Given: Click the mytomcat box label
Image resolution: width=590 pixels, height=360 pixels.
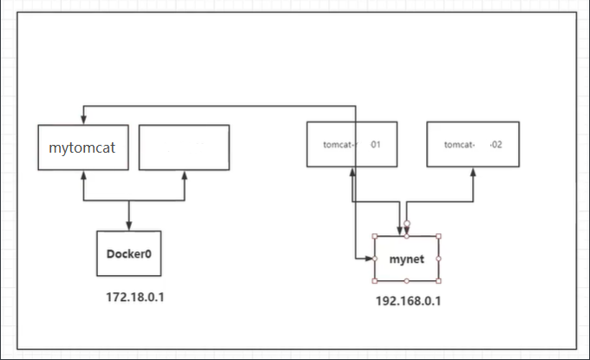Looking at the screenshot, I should click(x=83, y=147).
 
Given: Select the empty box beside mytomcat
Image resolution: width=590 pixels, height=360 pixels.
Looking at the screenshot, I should click(x=184, y=147).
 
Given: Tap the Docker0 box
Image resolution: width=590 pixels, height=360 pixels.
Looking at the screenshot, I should click(x=129, y=254).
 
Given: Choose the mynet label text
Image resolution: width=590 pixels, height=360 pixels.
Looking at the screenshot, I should click(x=406, y=259).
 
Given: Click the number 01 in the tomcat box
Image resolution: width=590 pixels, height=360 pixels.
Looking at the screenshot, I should click(x=376, y=145).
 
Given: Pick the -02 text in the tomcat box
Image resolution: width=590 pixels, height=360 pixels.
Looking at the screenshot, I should click(x=495, y=145).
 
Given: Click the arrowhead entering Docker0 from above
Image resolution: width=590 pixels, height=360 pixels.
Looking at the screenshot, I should click(x=129, y=226).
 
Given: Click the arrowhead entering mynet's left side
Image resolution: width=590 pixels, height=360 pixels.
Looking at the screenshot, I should click(x=370, y=259).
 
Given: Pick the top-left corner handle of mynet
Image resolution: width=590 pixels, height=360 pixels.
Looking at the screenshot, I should click(x=376, y=236).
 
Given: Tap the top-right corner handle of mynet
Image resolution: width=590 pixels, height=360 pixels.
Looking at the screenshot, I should click(x=438, y=236).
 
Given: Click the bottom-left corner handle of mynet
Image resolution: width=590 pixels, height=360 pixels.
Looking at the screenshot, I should click(x=376, y=281).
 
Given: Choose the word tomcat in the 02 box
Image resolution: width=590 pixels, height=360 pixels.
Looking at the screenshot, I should click(x=457, y=145).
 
